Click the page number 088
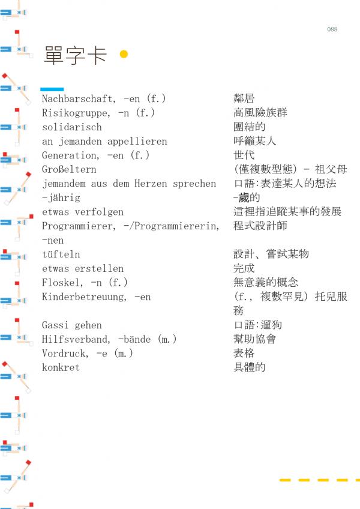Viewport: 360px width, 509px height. [x=332, y=29]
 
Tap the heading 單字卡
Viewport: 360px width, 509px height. [x=76, y=55]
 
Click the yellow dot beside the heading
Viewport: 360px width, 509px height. [x=124, y=55]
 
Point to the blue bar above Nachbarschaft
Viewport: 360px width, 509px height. [x=52, y=89]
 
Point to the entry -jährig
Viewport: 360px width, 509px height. [x=61, y=198]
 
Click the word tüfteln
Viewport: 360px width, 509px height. [x=61, y=254]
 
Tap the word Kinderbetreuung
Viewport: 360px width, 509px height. [x=84, y=297]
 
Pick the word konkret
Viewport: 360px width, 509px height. [x=61, y=367]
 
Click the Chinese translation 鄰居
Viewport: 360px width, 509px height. [x=244, y=98]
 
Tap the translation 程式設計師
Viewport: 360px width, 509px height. [x=260, y=226]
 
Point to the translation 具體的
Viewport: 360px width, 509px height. [x=250, y=367]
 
